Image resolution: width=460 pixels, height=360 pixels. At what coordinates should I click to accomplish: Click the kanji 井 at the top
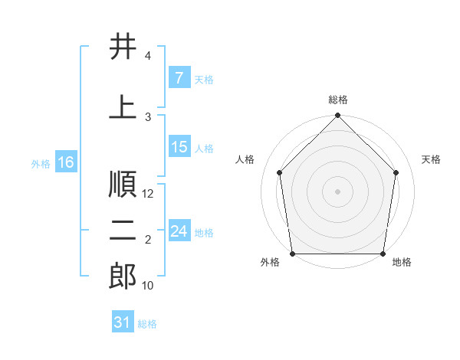pos(123,47)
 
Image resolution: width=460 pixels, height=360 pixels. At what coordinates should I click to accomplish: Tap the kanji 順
pos(123,184)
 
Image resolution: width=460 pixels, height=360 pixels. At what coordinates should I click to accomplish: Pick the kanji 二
pos(123,231)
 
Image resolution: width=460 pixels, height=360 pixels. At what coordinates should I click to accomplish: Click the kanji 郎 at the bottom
pos(123,276)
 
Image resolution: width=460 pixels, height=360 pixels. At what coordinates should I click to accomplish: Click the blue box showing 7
pos(179,78)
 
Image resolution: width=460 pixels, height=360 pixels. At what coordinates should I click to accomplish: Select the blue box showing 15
pos(179,148)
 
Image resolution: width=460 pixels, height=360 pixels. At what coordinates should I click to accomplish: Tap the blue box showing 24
pos(179,231)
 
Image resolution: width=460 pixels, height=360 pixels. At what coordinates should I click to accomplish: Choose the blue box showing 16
pos(65,162)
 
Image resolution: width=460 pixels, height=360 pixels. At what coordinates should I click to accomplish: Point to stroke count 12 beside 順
pos(149,194)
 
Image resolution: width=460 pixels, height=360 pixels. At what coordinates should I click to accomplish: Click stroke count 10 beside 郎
pos(148,286)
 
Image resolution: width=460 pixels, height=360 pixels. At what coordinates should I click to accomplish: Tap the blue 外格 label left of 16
pos(41,163)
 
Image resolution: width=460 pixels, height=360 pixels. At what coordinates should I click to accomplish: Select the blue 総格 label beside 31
pos(148,323)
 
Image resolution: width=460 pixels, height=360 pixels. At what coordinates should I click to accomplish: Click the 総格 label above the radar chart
pos(338,100)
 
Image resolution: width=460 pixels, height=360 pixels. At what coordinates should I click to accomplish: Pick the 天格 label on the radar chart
pos(432,159)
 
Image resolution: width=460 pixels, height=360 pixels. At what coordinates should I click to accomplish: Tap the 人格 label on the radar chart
pos(245,159)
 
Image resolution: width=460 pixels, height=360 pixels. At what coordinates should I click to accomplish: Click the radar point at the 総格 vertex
pos(337,116)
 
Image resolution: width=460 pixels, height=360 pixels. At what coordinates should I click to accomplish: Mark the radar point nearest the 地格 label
pos(383,254)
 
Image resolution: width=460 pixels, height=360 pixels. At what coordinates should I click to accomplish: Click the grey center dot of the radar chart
pos(337,191)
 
